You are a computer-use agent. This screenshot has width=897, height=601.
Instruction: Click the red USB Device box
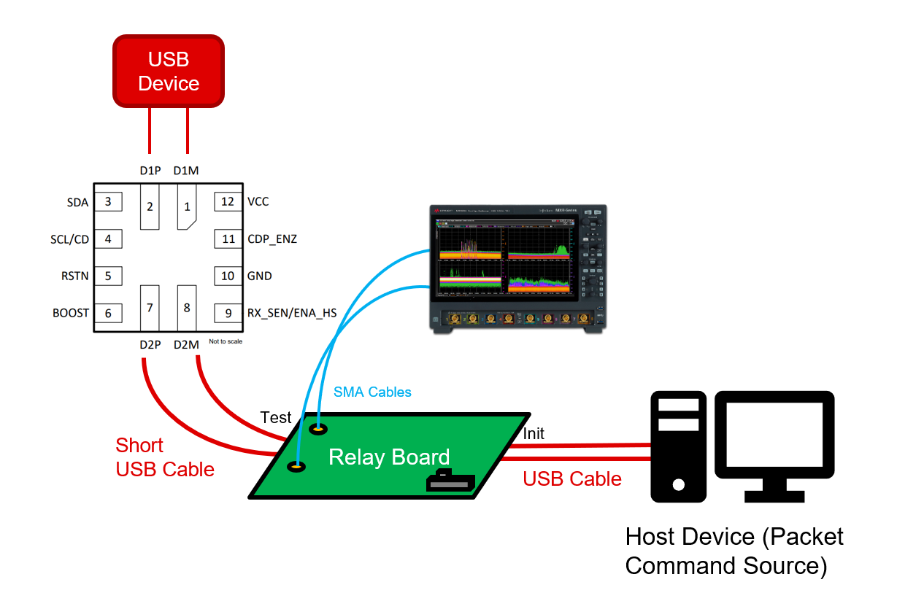point(168,71)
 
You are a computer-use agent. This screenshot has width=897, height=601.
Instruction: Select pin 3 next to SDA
point(108,201)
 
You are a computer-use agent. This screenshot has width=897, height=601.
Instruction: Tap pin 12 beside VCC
point(228,201)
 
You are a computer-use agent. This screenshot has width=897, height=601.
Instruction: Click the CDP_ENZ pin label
point(272,239)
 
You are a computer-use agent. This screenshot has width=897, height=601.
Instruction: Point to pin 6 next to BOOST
point(108,313)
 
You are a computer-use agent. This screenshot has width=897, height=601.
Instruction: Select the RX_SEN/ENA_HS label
point(292,313)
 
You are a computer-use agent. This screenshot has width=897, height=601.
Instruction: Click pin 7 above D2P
point(150,308)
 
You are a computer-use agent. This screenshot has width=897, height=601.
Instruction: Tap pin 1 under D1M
point(187,207)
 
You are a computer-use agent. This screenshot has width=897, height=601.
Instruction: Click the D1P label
point(150,171)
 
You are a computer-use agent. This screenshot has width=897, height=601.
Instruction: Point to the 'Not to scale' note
point(226,341)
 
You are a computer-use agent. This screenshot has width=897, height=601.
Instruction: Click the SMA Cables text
point(372,392)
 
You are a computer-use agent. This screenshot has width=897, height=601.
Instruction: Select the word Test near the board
point(276,418)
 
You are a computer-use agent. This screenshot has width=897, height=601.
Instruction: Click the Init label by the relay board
point(534,433)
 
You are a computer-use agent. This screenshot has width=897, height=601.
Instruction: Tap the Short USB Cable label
point(165,457)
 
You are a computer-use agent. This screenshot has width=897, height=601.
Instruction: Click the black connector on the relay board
point(450,481)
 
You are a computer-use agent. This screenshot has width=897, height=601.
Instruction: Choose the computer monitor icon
point(774,438)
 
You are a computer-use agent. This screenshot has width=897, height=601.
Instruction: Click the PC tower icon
point(679,446)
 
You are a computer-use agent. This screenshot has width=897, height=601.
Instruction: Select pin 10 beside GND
point(228,276)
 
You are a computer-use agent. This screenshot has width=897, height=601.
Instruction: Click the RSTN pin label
point(76,276)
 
